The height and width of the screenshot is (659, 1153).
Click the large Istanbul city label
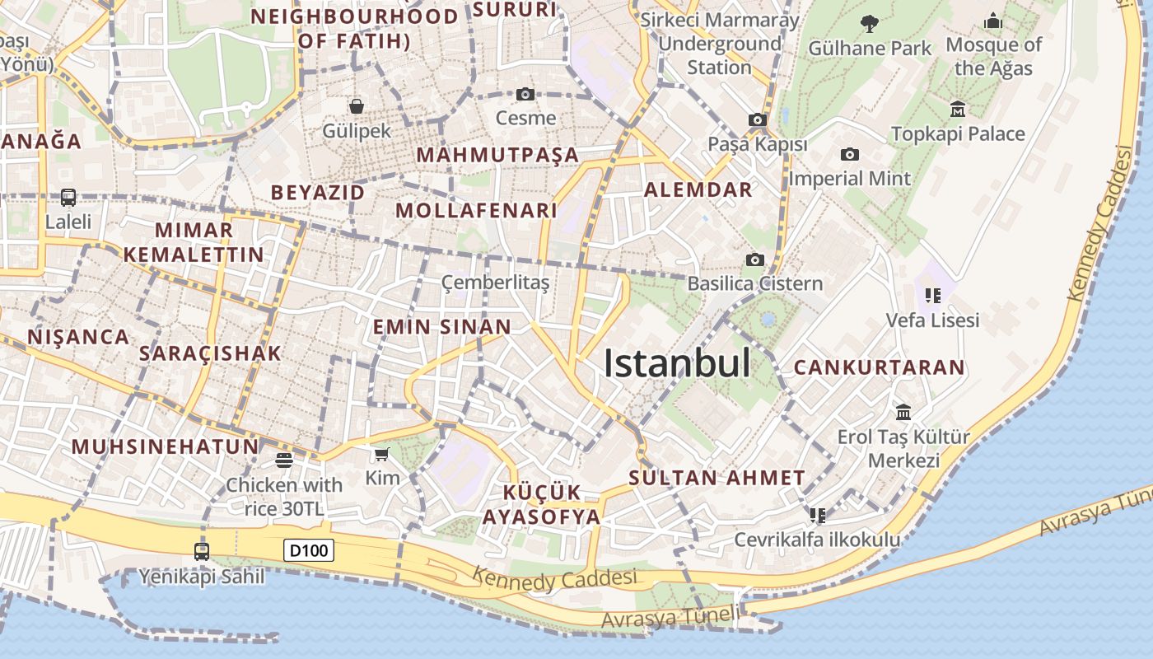[x=677, y=363]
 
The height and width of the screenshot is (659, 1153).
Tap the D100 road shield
[x=309, y=550]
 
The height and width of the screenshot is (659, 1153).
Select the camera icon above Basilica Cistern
[x=754, y=260]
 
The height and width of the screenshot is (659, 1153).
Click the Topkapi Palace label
[x=958, y=133]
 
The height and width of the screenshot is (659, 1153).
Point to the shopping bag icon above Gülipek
[x=357, y=106]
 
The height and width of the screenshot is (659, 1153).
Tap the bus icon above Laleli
[x=68, y=198]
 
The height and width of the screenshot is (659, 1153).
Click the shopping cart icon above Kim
[x=381, y=454]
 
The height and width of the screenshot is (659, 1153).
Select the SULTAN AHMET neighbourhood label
[x=717, y=478]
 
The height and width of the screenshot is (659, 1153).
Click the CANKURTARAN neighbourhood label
[x=879, y=367]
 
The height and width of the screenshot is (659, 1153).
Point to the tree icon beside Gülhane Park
[x=869, y=23]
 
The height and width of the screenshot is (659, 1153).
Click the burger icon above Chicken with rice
[x=284, y=460]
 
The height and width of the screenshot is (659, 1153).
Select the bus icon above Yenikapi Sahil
[x=202, y=551]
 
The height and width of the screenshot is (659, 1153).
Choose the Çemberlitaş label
[x=495, y=283]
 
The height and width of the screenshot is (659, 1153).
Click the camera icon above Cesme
[x=525, y=95]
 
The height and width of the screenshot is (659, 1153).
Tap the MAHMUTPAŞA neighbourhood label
[x=497, y=155]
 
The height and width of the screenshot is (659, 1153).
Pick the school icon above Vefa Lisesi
[x=933, y=295]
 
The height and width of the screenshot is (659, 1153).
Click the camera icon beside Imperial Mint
[x=850, y=154]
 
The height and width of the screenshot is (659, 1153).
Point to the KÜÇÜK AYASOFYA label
[x=542, y=505]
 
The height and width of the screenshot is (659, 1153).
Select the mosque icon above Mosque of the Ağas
[x=993, y=21]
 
